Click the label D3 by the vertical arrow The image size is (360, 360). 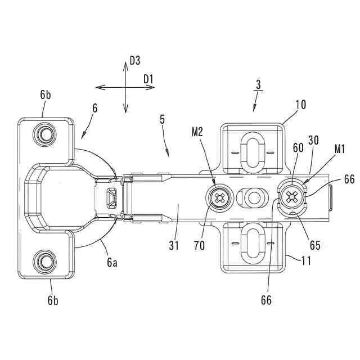[x=135, y=61]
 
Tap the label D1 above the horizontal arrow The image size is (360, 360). [x=148, y=79]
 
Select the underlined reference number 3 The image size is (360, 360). [x=259, y=84]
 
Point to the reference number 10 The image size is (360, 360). [x=301, y=105]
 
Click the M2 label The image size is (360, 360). [x=197, y=132]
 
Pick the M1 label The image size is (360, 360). [x=340, y=149]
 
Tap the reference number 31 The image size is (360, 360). [x=174, y=246]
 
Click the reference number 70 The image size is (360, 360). [x=199, y=246]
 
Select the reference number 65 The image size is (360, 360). [x=315, y=245]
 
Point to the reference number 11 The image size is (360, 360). [x=306, y=261]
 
